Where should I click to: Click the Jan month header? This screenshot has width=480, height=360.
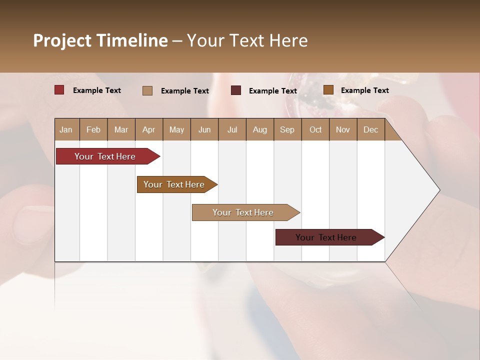coord(66,129)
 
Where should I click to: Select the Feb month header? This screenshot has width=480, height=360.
coord(93,129)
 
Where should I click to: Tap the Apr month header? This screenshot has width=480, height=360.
coord(148,129)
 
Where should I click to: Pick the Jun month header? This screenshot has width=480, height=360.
coord(204,129)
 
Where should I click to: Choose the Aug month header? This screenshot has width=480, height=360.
coord(259,129)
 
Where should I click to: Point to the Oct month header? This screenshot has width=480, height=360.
coord(315,129)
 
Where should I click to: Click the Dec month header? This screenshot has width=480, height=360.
coord(370,129)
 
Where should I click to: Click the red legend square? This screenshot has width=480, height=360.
coord(59,90)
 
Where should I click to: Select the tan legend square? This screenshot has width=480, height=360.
coord(147,90)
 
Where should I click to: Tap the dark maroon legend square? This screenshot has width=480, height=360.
coord(236,90)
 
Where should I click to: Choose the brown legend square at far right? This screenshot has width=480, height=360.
coord(328,90)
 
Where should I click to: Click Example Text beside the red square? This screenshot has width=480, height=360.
coord(97,90)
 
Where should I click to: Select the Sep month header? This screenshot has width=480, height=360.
coord(287,129)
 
